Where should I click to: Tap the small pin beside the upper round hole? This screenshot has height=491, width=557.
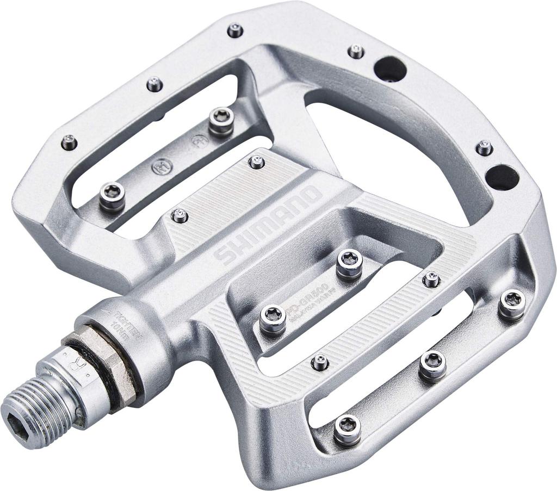[x=356, y=52]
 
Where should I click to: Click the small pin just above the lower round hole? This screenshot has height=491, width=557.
[x=484, y=147]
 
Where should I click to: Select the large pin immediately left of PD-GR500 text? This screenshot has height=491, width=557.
[x=273, y=318]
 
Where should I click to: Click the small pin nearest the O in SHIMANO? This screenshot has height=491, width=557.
[x=256, y=161]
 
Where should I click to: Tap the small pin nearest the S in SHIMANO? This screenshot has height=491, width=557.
[x=180, y=216]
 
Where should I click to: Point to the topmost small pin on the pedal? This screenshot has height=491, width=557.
[x=235, y=30]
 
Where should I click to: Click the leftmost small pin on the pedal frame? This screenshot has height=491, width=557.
[x=69, y=143]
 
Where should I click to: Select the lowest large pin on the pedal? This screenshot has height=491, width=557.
[x=347, y=428]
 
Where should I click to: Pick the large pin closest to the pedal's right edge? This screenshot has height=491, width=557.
[x=512, y=303]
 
